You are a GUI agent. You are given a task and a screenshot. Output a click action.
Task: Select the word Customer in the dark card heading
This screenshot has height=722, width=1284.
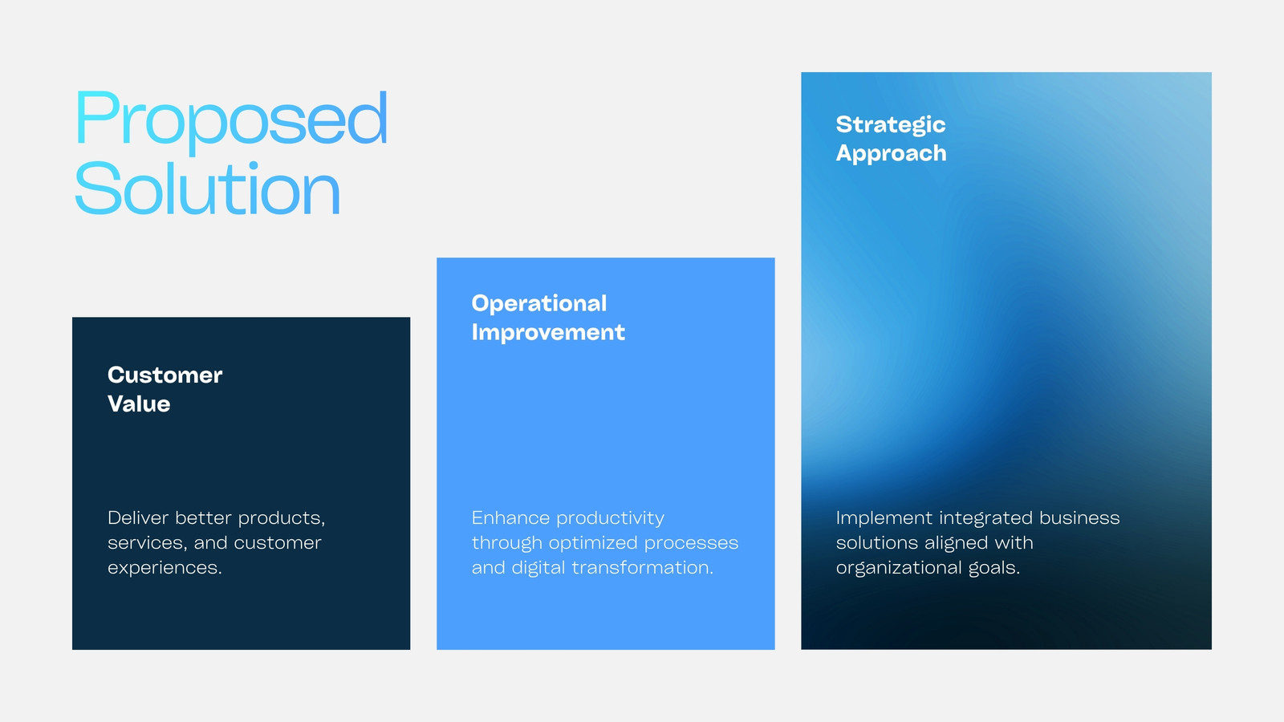click(165, 375)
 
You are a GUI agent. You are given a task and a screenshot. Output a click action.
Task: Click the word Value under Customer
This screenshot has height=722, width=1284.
click(139, 404)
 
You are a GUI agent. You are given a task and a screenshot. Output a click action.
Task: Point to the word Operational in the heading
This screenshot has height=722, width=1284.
click(538, 304)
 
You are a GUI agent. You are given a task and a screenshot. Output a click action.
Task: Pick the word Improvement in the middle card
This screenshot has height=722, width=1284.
click(548, 332)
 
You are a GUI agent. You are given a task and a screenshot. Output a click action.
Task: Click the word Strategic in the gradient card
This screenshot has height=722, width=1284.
click(891, 125)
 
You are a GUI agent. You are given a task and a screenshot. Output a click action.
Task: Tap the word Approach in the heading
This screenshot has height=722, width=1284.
click(891, 153)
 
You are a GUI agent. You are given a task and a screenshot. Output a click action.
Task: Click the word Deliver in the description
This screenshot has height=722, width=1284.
click(138, 517)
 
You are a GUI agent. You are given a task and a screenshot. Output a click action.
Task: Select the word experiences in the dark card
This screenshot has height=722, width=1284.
click(165, 568)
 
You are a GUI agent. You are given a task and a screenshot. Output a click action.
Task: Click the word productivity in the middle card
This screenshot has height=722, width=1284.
click(611, 518)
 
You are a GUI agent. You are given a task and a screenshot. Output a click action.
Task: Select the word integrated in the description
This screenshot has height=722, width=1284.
click(986, 518)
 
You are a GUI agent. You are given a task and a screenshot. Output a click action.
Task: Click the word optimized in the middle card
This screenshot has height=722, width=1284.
click(593, 543)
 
